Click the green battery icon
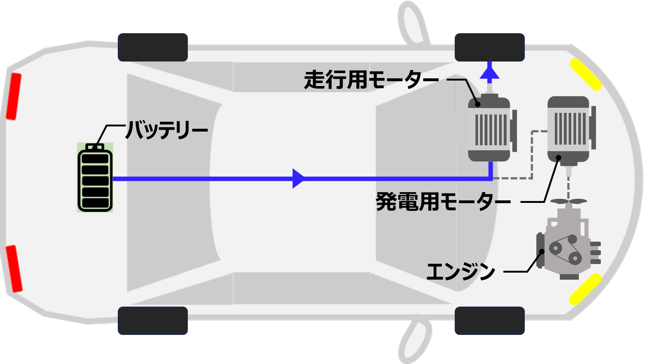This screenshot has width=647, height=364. [x=95, y=178]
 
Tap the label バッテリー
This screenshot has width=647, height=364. [x=167, y=130]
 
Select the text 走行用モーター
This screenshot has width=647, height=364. [x=371, y=80]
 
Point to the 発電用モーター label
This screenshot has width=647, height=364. [x=443, y=202]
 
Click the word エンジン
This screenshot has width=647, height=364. [x=461, y=271]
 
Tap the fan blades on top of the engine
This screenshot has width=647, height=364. [x=569, y=201]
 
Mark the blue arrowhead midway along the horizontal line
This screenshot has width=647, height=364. [x=298, y=179]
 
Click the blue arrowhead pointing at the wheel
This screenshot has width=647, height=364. [x=489, y=71]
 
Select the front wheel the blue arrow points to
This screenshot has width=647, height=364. [x=490, y=47]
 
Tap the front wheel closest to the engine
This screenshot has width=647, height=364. [x=490, y=321]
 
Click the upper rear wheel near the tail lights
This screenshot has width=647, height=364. [x=153, y=47]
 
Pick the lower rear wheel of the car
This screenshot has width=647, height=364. [x=153, y=321]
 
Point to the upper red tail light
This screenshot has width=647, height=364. [x=14, y=97]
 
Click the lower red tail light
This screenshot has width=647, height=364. [x=14, y=269]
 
